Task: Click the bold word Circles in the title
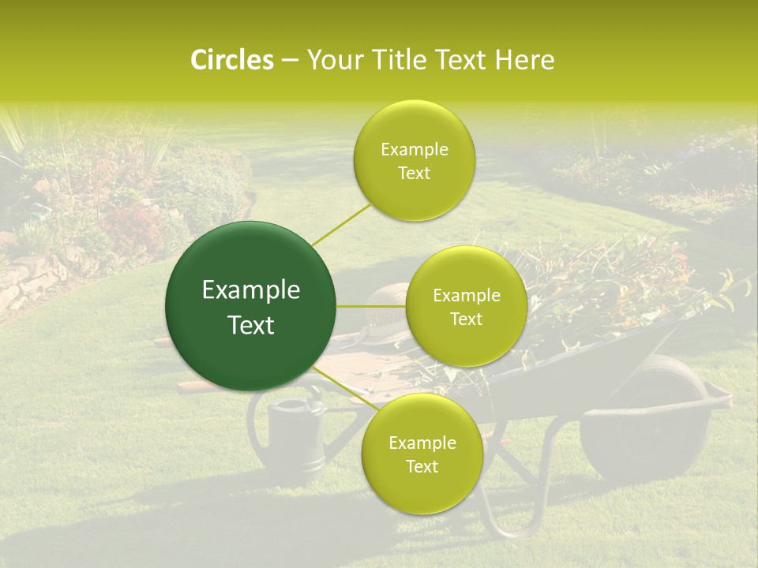click(231, 60)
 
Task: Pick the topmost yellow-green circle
click(414, 161)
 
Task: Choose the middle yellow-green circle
click(466, 306)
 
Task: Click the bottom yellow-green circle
click(422, 454)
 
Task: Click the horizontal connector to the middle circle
click(371, 306)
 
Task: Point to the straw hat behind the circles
click(387, 304)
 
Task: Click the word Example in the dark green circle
click(251, 290)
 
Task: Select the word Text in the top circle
click(414, 174)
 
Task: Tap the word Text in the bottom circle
click(422, 466)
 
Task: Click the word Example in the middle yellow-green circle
click(466, 296)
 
